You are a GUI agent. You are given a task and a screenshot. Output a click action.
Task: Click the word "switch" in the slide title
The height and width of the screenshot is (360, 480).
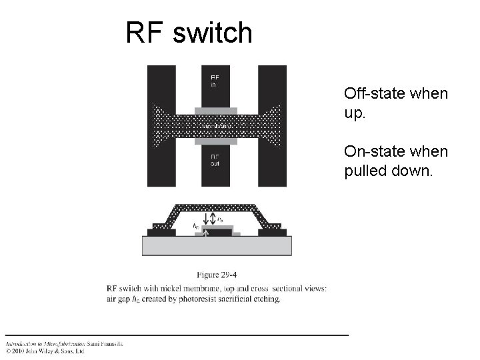click(213, 33)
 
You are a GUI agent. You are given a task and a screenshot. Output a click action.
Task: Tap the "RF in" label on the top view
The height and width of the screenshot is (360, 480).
click(215, 81)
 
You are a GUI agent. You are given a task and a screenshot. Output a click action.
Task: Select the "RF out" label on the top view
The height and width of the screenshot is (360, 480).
click(215, 160)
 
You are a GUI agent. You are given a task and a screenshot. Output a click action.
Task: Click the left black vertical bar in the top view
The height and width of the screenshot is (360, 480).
click(161, 87)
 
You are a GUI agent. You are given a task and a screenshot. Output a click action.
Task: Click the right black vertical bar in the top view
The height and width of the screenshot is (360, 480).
click(272, 87)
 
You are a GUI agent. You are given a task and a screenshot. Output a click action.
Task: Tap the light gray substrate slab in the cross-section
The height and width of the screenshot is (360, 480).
click(217, 246)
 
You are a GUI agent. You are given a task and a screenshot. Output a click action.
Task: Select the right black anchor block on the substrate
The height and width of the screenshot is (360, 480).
click(275, 233)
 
